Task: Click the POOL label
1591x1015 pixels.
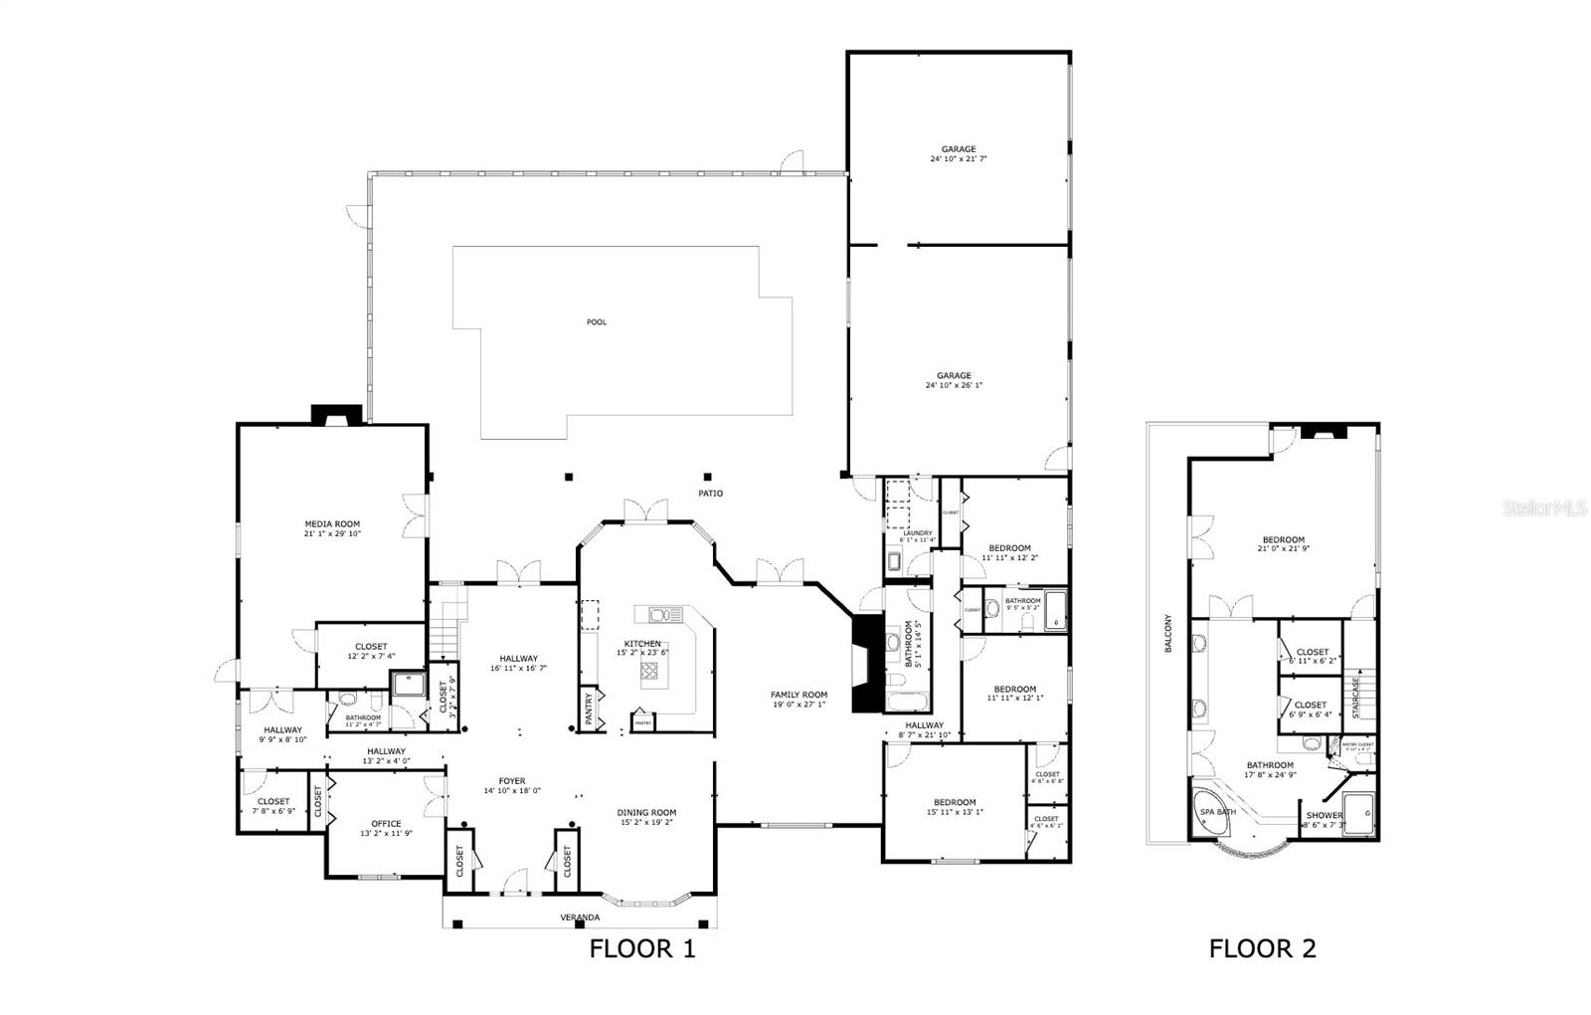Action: [x=596, y=321]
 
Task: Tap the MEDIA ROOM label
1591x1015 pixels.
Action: [x=332, y=523]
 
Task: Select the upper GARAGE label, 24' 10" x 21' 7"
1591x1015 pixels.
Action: [x=959, y=149]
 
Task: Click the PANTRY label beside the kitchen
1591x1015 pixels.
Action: [x=589, y=709]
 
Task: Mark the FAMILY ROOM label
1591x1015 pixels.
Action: [x=798, y=695]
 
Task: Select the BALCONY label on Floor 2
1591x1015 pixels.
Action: [x=1167, y=634]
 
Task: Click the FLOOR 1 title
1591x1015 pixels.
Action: [x=642, y=948]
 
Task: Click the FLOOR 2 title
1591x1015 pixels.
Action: [x=1262, y=948]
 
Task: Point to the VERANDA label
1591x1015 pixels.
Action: [x=580, y=916]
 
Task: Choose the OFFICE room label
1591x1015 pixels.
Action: [x=386, y=823]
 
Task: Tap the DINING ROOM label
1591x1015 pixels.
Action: [x=647, y=812]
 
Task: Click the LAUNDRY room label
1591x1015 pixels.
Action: [x=917, y=533]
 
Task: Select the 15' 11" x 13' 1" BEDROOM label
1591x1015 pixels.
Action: [x=955, y=802]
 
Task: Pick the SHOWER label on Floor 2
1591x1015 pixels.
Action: [x=1324, y=815]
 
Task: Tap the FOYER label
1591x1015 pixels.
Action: [x=511, y=781]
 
